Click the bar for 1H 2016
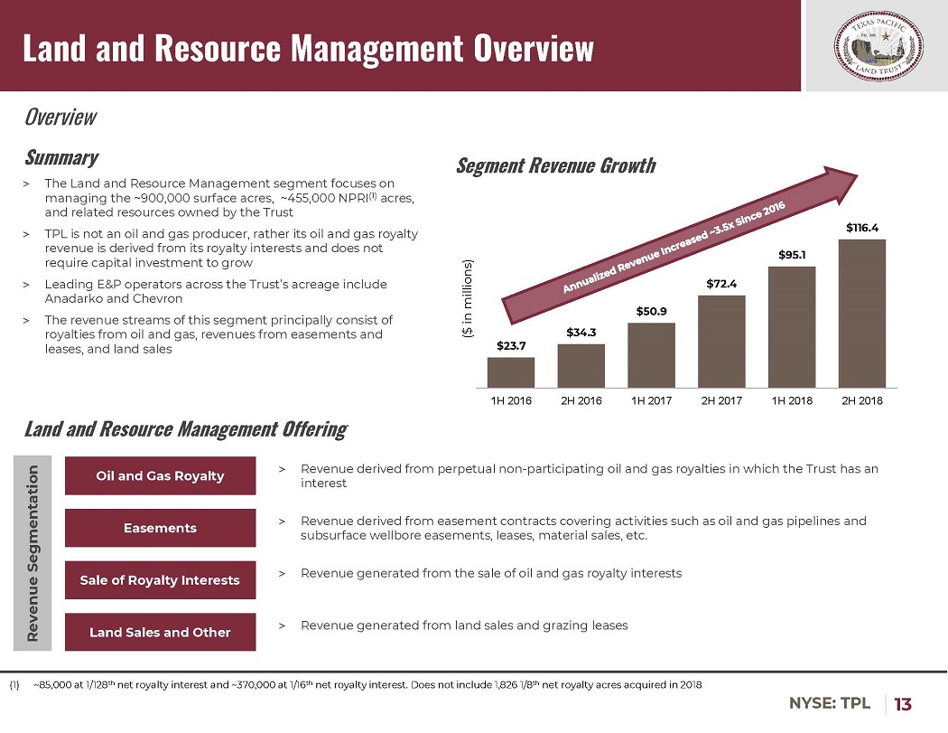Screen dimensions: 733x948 pos(510,372)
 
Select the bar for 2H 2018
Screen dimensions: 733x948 pos(861,313)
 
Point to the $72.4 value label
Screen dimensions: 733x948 pos(721,284)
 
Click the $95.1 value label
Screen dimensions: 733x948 pos(792,255)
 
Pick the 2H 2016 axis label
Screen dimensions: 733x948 pos(581,400)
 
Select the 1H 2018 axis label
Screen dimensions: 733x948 pos(792,400)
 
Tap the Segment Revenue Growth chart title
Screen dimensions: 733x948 pos(555,166)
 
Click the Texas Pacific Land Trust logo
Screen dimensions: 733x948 pos(875,45)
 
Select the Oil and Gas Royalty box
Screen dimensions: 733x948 pos(161,476)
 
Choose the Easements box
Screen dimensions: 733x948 pos(161,528)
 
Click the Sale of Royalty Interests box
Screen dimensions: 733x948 pos(161,580)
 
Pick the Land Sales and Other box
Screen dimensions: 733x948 pos(161,633)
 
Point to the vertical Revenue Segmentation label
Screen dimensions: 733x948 pos(33,553)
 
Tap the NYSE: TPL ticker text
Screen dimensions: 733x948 pos(831,703)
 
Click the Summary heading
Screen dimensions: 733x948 pos(60,157)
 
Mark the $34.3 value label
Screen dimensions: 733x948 pos(581,332)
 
